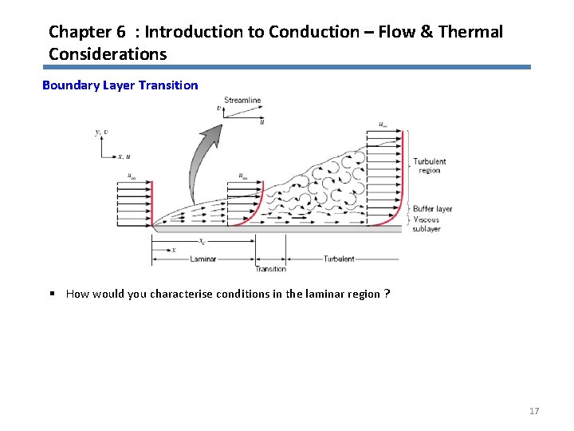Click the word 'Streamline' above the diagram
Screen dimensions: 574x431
click(242, 101)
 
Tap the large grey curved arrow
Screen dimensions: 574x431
click(201, 164)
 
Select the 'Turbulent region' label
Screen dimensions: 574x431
click(429, 166)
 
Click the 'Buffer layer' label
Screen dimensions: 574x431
click(432, 209)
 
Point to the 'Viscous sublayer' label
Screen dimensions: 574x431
click(427, 224)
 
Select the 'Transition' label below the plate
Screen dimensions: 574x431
click(271, 269)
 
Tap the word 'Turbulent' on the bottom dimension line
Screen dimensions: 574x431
click(339, 259)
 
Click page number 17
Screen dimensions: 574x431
click(534, 411)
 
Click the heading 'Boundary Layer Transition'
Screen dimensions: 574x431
click(120, 85)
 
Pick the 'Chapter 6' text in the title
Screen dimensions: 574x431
click(87, 32)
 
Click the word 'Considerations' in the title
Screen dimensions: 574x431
click(108, 54)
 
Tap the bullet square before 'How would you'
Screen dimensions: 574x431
click(51, 294)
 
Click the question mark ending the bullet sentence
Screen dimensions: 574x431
click(387, 294)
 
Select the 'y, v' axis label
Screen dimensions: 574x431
click(102, 132)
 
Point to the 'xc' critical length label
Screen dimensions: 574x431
click(202, 241)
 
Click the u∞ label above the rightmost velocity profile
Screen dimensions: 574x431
click(383, 124)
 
